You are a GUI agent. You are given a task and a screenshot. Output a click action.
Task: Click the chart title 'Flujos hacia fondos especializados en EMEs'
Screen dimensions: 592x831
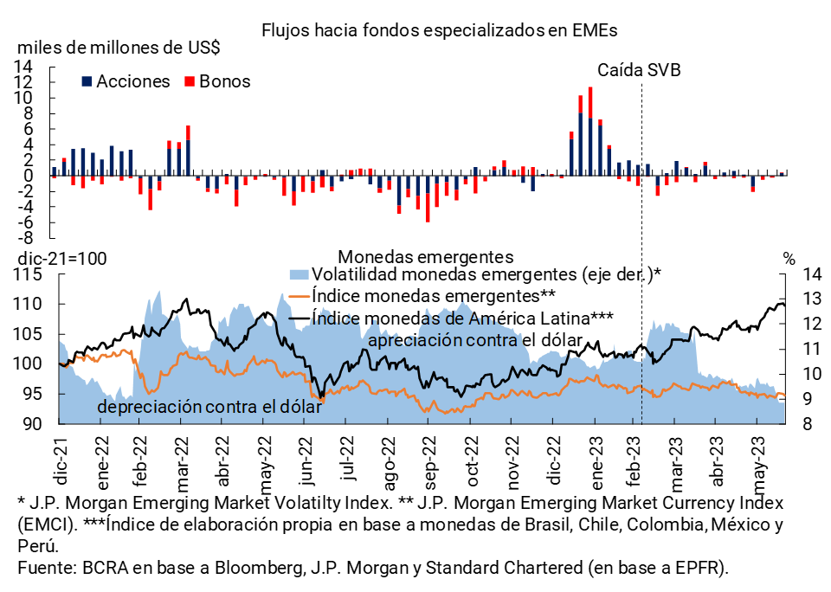click(x=441, y=29)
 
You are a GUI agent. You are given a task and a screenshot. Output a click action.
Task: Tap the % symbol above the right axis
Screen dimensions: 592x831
click(x=789, y=257)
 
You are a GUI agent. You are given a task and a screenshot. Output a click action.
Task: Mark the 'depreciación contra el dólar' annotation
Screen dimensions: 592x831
click(x=210, y=407)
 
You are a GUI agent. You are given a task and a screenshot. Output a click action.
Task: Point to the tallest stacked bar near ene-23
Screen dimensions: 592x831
click(x=589, y=130)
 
